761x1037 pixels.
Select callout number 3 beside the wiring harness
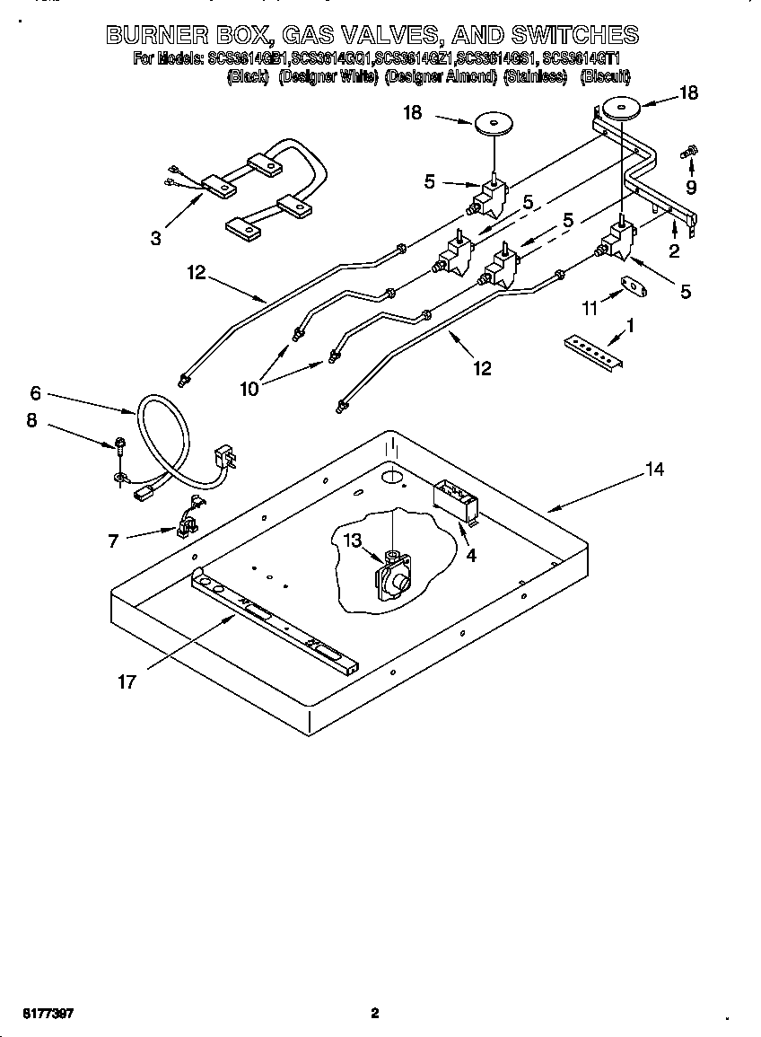[156, 238]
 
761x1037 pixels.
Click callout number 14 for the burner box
[655, 469]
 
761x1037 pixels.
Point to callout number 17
[127, 681]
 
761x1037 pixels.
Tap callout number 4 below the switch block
[470, 554]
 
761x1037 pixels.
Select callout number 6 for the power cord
[35, 392]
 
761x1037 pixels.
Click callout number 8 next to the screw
[31, 419]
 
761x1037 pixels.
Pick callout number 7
[113, 540]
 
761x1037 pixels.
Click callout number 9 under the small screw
[690, 188]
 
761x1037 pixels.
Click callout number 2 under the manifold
[673, 251]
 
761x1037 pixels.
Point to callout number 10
[249, 388]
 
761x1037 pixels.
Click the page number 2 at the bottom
[375, 1014]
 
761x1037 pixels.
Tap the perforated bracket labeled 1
[592, 351]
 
